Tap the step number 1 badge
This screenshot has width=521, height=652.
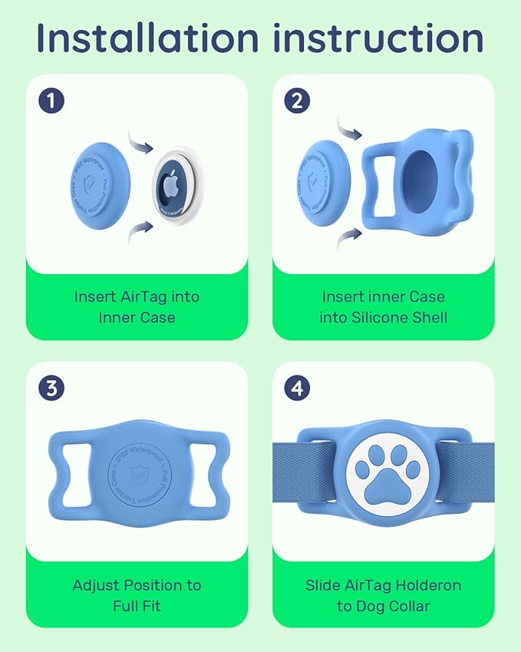click(51, 100)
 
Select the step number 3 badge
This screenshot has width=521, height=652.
click(51, 388)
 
